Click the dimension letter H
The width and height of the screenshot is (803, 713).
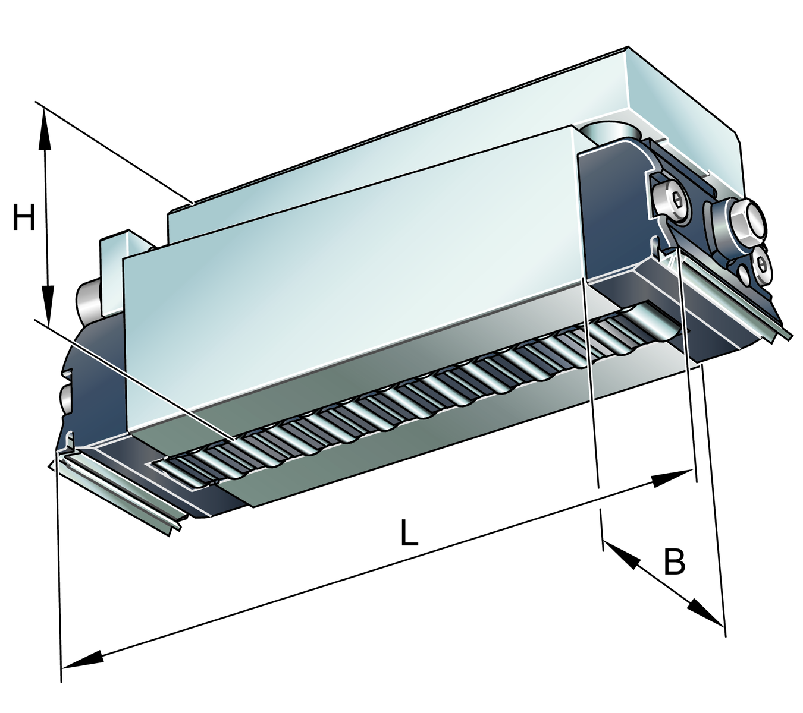click(24, 217)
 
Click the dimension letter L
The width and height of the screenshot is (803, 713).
click(409, 533)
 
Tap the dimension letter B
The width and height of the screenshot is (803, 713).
click(674, 561)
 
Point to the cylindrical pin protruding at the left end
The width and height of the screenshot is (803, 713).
click(87, 299)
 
